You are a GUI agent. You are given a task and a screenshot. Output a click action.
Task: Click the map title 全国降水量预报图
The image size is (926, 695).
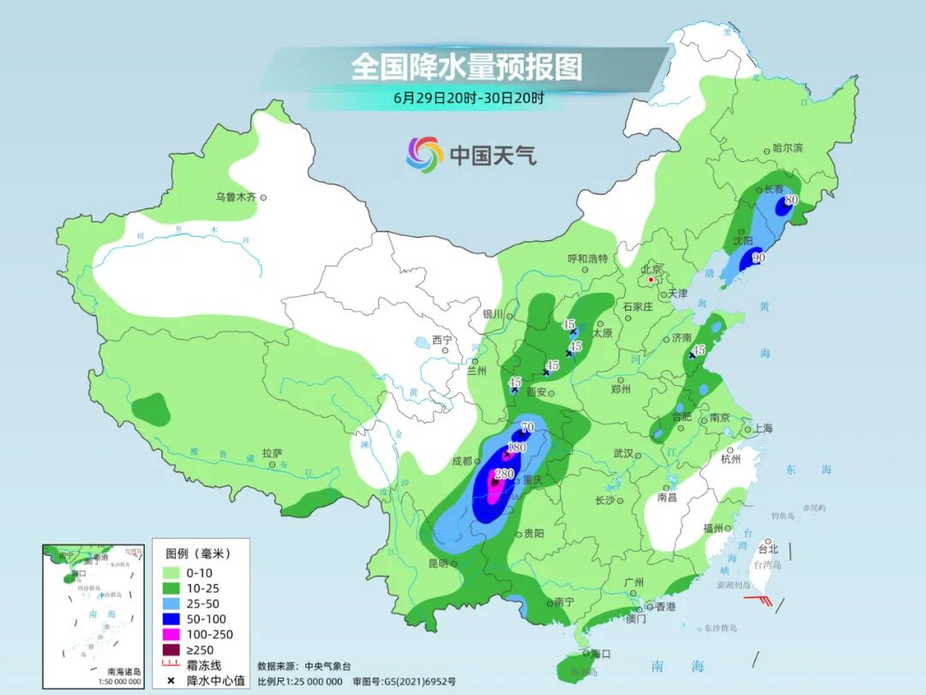tap(466, 67)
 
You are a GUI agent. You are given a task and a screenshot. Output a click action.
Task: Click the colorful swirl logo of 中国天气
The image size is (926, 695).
tap(424, 154)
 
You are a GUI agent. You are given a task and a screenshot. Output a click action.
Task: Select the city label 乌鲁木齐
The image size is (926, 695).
tap(236, 197)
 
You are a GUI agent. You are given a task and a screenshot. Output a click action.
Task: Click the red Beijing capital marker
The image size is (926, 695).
tap(651, 280)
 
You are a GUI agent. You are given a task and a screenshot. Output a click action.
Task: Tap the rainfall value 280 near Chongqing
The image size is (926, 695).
tap(504, 474)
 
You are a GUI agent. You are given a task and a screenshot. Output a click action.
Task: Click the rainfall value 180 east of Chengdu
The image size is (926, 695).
tap(516, 448)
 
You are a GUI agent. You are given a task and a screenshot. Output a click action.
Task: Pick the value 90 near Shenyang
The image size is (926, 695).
tap(758, 257)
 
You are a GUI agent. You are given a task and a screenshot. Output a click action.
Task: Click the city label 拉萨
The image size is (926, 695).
tap(272, 452)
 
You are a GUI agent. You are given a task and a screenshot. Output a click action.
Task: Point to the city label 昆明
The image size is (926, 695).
tap(437, 564)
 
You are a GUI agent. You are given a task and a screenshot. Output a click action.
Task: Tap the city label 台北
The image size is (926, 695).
tap(768, 549)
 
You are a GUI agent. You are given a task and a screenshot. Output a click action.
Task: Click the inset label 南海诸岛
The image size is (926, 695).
tap(123, 671)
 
